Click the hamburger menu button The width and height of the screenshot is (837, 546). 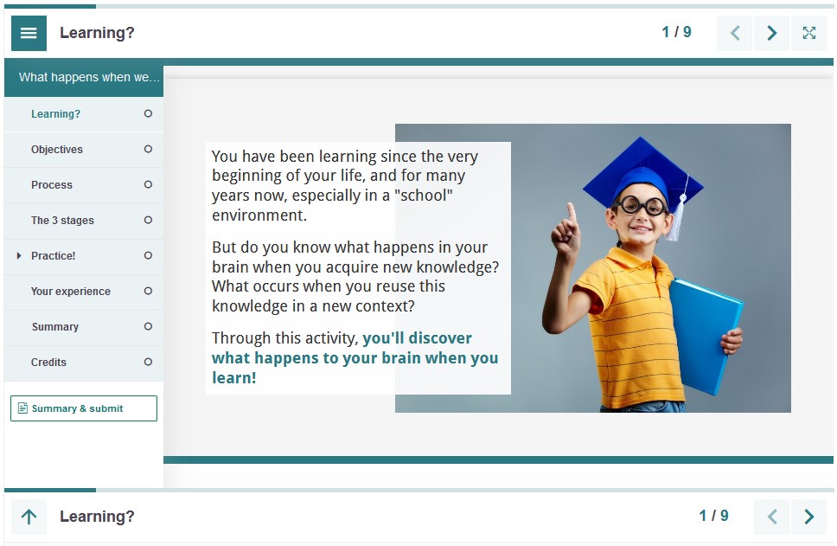[29, 33]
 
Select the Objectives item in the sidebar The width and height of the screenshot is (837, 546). [56, 150]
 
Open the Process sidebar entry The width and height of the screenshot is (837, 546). [51, 185]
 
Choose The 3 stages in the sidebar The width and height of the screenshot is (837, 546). [62, 220]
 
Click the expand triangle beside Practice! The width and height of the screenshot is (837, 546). [19, 255]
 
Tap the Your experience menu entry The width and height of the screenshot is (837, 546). [70, 291]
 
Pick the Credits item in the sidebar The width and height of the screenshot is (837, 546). [48, 363]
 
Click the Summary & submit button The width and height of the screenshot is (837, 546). [84, 408]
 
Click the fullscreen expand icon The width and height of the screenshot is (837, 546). [808, 33]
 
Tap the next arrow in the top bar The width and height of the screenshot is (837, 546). [771, 33]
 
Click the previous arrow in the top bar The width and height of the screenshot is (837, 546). [734, 33]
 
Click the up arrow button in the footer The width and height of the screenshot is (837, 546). [29, 517]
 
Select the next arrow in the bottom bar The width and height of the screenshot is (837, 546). [808, 517]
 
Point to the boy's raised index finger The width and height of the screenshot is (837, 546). [572, 213]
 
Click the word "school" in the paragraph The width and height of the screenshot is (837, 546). [424, 196]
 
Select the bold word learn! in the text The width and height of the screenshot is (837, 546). [233, 378]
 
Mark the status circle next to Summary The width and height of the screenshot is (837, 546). [148, 326]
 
